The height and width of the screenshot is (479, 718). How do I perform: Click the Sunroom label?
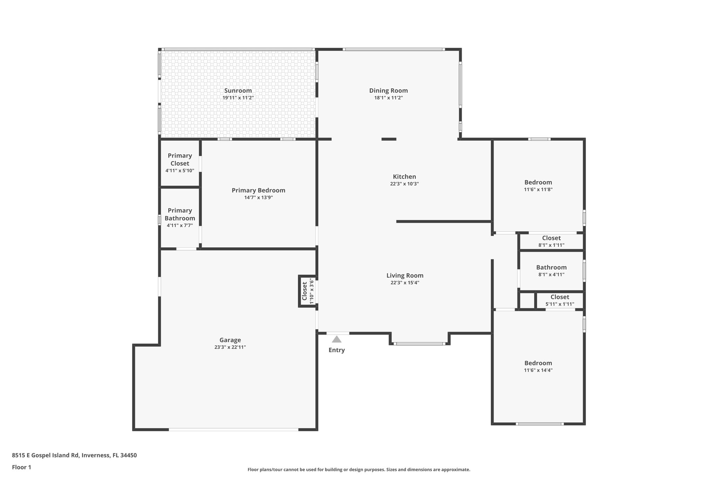pos(238,91)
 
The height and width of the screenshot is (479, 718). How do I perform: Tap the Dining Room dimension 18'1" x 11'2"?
pos(388,98)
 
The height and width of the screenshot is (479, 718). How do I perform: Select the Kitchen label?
pos(404,177)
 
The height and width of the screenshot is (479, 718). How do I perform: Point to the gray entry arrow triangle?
pos(337,339)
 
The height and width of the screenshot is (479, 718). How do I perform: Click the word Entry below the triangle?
pos(337,350)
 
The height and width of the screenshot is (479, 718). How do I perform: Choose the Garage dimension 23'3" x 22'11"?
pos(230,347)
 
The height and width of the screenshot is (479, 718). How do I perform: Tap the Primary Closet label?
pos(180,159)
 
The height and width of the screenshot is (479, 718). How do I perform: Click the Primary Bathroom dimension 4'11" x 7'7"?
pos(180,225)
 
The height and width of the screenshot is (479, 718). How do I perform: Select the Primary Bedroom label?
pos(258,190)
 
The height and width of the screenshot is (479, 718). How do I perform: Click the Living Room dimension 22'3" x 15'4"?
pos(405,283)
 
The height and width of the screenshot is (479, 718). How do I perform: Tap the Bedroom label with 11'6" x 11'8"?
pos(538,182)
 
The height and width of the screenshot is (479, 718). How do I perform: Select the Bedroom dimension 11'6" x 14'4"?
pos(538,370)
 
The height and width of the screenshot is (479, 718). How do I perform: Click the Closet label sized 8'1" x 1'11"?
pos(551,238)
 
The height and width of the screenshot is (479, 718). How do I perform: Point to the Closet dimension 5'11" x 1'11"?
pos(560,304)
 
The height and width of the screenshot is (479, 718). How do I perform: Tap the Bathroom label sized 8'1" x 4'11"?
pos(551,267)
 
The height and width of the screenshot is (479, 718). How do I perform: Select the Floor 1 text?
pos(22,467)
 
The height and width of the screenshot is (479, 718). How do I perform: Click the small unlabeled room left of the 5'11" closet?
pos(526,300)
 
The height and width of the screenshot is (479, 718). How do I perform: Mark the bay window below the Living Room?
pos(419,344)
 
